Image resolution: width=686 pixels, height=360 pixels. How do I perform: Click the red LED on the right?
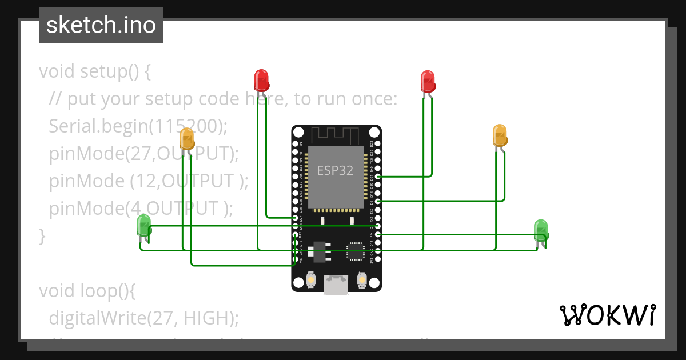pos(428,81)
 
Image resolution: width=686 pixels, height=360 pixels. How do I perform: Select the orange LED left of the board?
pos(187,139)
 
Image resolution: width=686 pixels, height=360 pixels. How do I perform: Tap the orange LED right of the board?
pos(500,135)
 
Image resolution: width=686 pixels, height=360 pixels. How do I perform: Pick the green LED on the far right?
pos(541,229)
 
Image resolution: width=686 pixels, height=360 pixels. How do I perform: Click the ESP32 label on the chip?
pos(335,170)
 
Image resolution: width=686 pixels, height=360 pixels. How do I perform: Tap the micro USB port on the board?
pos(336,285)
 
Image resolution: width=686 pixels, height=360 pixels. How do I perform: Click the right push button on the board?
pos(361,280)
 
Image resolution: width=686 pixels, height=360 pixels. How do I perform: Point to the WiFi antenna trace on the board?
pos(336,135)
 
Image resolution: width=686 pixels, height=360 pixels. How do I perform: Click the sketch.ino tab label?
pos(101,25)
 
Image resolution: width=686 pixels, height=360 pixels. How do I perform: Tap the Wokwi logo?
pos(607,315)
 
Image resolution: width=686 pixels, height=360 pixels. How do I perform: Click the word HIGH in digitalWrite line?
pos(208,318)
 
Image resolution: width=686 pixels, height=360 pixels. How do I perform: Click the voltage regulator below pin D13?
pos(317,250)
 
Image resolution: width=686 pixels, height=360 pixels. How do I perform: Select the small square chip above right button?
pos(355,250)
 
